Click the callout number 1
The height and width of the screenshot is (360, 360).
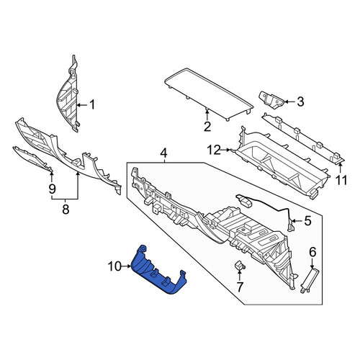92,105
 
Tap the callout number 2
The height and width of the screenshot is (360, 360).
207,127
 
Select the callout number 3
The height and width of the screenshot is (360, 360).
300,102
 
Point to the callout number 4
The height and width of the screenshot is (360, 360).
164,153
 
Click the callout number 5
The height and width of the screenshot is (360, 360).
307,221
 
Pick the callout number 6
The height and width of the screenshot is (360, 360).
312,252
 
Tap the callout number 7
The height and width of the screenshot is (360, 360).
240,287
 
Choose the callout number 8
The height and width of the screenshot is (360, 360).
66,209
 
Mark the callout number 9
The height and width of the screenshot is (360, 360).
52,189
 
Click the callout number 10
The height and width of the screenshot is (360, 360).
114,266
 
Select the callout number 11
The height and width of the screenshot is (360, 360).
341,180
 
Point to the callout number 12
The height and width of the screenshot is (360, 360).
214,150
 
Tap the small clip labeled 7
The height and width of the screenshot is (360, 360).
240,266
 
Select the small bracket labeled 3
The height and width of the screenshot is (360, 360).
271,100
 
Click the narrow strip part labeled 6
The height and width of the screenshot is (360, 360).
310,280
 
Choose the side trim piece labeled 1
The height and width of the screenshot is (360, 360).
68,96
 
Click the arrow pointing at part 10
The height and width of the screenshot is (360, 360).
127,266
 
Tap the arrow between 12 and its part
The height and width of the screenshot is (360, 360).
225,150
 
